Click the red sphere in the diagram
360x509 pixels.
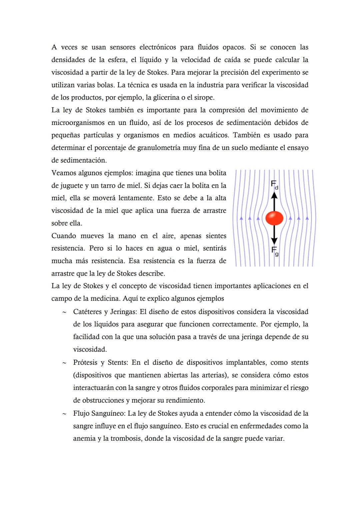point(274,218)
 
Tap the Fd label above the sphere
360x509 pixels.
point(274,185)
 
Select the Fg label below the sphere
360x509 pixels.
point(275,251)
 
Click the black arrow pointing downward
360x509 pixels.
point(274,235)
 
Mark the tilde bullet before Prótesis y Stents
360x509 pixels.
point(64,363)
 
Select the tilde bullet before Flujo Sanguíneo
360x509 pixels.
point(64,414)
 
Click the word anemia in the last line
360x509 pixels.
point(84,439)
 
